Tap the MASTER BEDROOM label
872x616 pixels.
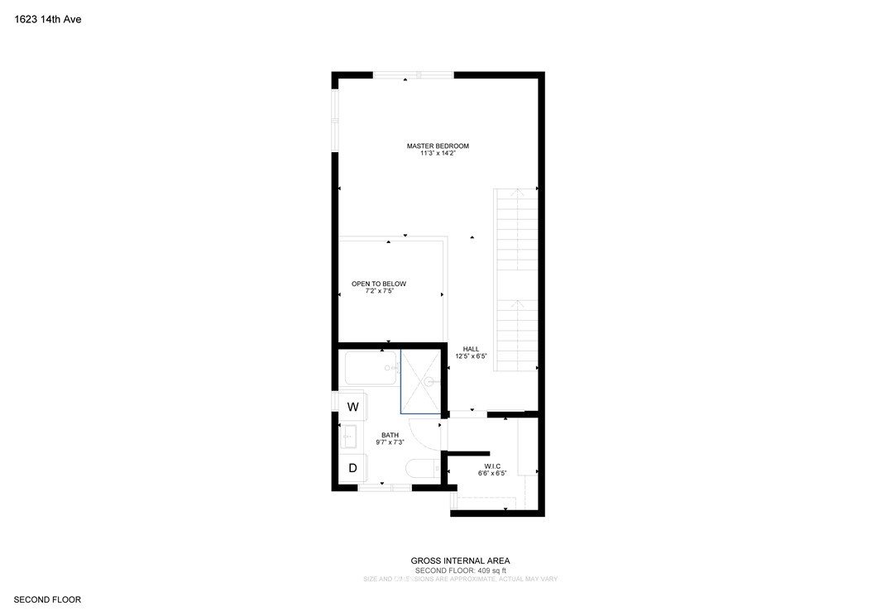[x=438, y=146]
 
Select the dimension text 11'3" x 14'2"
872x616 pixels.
[x=438, y=155]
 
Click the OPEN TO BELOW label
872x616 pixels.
[x=379, y=284]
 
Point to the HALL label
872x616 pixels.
[x=472, y=349]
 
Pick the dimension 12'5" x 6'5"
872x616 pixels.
[x=472, y=356]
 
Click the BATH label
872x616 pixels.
[x=390, y=435]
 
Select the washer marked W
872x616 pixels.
[x=352, y=407]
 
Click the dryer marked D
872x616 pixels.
[x=352, y=468]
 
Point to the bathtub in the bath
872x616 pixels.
[x=371, y=368]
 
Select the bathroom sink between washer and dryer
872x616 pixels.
[x=349, y=436]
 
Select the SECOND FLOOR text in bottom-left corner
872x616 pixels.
[x=47, y=599]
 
